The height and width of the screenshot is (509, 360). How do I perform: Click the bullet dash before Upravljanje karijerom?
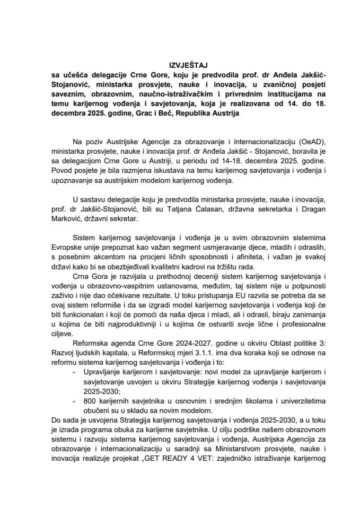point(72,372)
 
